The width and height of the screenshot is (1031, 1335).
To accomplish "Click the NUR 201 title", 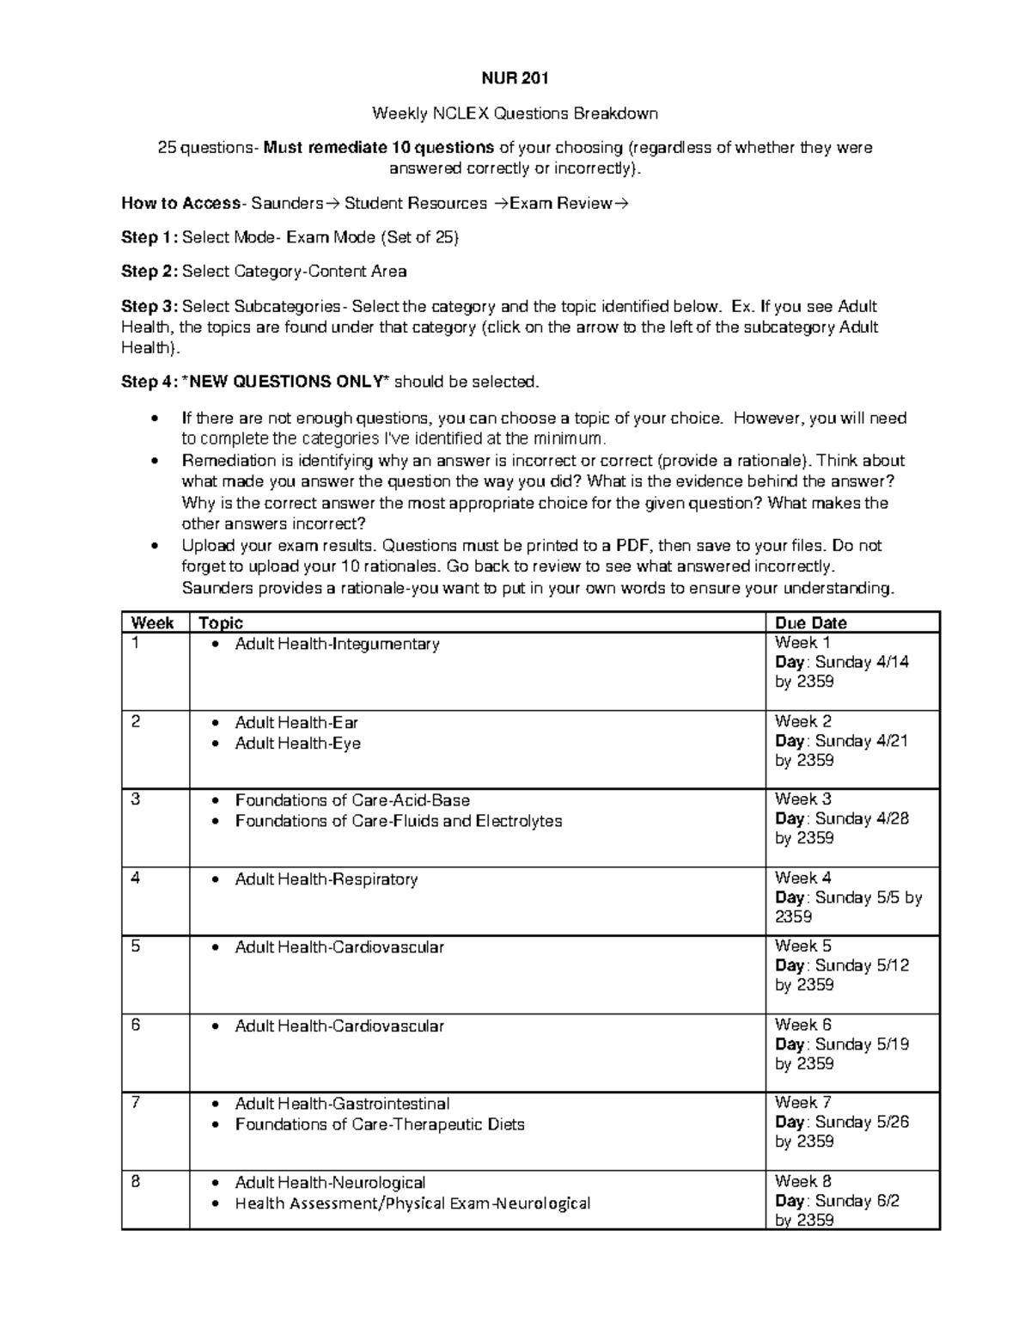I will pyautogui.click(x=514, y=79).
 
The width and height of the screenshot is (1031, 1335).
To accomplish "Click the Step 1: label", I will pyautogui.click(x=150, y=237).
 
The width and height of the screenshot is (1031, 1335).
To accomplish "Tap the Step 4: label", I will pyautogui.click(x=150, y=382).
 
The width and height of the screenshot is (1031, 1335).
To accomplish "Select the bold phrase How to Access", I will pyautogui.click(x=180, y=204).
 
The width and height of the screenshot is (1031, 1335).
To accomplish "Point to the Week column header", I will pyautogui.click(x=151, y=623).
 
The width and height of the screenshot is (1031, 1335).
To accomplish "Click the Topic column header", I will pyautogui.click(x=221, y=623).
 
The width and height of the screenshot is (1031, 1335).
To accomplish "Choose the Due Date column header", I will pyautogui.click(x=811, y=623).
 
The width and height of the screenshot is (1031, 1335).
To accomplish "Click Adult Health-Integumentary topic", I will pyautogui.click(x=337, y=644).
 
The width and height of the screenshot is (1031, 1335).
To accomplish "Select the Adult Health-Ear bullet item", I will pyautogui.click(x=296, y=723).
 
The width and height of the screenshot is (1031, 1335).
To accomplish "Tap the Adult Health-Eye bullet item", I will pyautogui.click(x=297, y=744).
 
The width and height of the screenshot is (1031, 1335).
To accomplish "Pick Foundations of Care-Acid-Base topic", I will pyautogui.click(x=352, y=800).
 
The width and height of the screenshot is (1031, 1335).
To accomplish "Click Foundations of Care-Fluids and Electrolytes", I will pyautogui.click(x=399, y=821).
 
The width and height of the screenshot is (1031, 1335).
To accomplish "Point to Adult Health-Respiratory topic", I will pyautogui.click(x=326, y=879).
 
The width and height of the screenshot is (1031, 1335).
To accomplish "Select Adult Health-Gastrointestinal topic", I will pyautogui.click(x=342, y=1104).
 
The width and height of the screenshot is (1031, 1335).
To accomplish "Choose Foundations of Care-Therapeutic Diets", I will pyautogui.click(x=380, y=1124).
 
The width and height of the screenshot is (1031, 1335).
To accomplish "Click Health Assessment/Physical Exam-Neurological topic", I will pyautogui.click(x=412, y=1203).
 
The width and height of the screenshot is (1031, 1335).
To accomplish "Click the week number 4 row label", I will pyautogui.click(x=136, y=879).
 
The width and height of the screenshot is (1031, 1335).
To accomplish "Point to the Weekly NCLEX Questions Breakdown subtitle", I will pyautogui.click(x=514, y=113).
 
